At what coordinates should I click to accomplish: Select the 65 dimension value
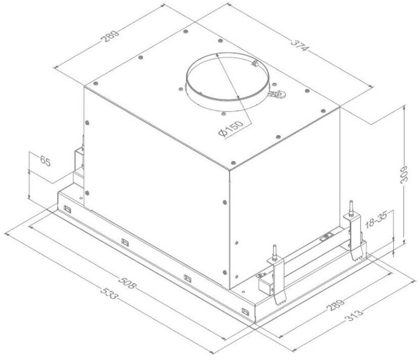coord(45,162)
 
